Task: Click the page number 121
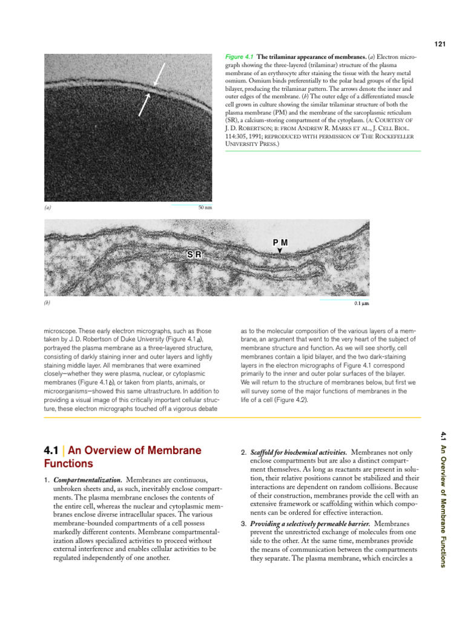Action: coord(440,44)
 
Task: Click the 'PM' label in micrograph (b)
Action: coord(280,242)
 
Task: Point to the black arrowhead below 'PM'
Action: coord(280,250)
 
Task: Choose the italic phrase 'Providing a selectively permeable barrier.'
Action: coord(310,523)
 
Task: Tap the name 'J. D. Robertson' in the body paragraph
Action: coord(88,340)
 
